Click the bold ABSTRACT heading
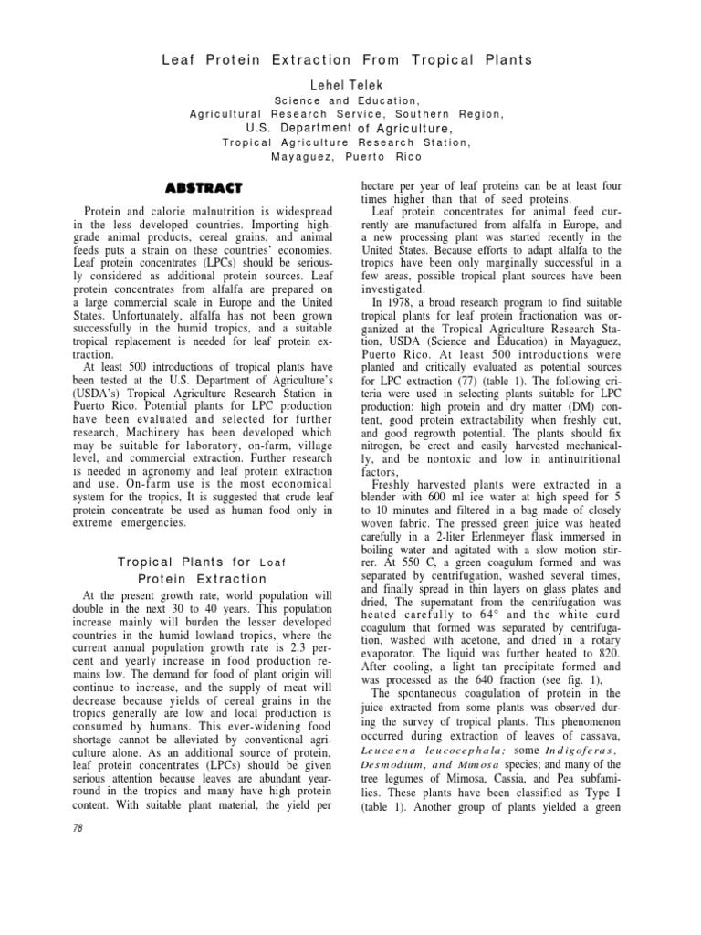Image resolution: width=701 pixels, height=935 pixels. tap(203, 188)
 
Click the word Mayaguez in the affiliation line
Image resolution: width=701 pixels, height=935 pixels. tap(306, 156)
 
